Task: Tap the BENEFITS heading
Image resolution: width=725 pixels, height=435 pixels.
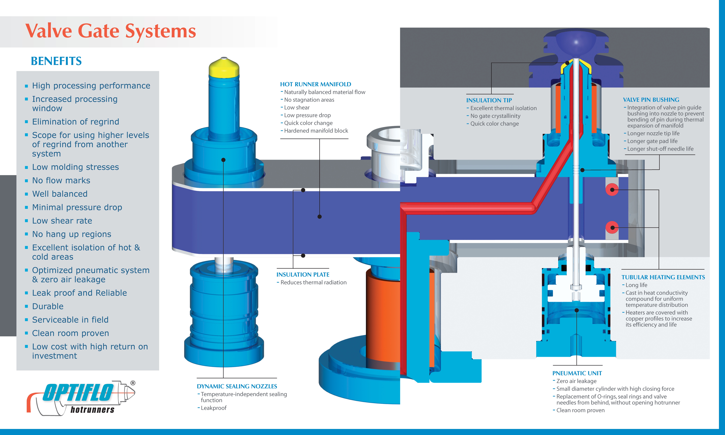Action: [56, 61]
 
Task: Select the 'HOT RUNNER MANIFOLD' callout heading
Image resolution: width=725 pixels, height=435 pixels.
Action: [316, 84]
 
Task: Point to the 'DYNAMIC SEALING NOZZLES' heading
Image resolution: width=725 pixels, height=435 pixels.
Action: [237, 386]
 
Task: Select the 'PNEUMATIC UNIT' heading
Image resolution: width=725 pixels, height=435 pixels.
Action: [577, 373]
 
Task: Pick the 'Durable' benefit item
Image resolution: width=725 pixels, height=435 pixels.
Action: [48, 306]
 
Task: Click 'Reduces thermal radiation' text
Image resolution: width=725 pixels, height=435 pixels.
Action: [314, 282]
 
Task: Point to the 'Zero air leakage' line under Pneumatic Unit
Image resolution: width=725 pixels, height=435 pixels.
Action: [576, 381]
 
